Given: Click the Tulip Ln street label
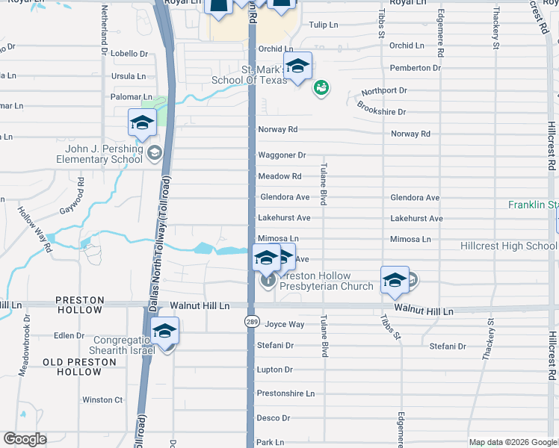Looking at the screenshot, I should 324,25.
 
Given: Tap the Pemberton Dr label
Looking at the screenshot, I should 410,68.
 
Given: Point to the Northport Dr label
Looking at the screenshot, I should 384,90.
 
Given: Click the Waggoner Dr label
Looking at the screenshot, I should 282,155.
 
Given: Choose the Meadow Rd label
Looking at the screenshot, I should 279,176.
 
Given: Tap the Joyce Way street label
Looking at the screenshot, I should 285,325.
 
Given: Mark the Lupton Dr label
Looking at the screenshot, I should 274,370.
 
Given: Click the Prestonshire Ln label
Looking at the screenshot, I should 285,393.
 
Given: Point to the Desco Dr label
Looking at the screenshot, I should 273,418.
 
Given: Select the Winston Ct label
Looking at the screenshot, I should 102,400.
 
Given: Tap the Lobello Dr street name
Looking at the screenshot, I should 129,54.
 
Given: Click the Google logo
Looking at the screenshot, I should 25,439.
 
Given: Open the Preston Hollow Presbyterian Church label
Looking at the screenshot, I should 326,287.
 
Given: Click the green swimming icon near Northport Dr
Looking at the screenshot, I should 321,89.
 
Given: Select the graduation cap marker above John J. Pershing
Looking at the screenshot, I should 141,123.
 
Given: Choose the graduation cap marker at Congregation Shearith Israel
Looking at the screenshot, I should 164,331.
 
